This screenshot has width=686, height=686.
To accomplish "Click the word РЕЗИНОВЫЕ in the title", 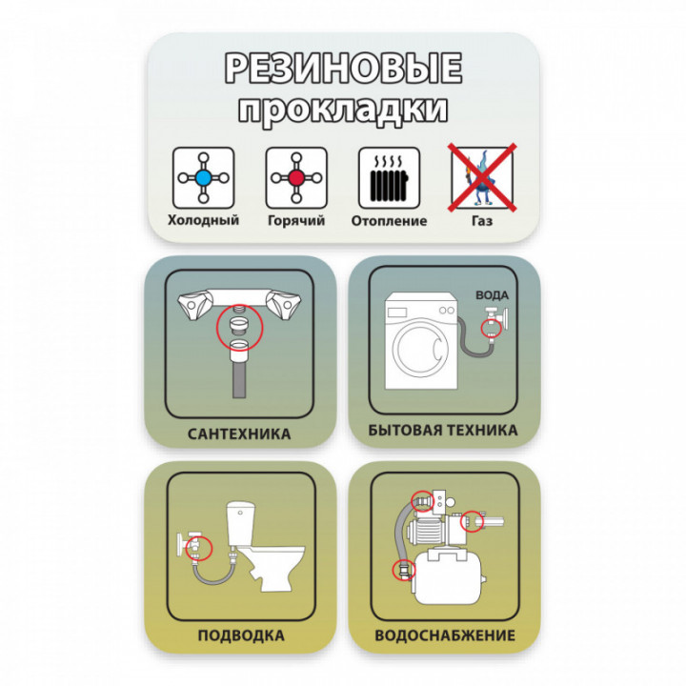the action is (343, 69).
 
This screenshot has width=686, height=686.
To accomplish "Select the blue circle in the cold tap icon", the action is (204, 177).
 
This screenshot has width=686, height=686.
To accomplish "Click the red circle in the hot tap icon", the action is (296, 177).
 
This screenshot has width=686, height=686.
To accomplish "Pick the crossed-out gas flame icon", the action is (482, 177).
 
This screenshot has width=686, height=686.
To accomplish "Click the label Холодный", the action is (204, 220).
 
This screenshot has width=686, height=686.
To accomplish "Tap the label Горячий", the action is (296, 220).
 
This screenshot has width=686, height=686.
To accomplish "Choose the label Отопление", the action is (389, 220).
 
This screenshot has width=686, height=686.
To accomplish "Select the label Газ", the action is (482, 220).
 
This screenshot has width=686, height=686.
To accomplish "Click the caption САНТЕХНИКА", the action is (239, 434).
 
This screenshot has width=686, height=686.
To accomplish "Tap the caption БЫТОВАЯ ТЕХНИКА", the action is (443, 430).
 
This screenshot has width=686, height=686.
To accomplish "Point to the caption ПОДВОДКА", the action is (241, 636).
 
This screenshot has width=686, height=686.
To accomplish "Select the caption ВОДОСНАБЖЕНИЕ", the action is (445, 636).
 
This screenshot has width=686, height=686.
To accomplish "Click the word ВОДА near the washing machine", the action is (493, 295).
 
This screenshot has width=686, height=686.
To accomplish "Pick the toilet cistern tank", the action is (241, 524).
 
